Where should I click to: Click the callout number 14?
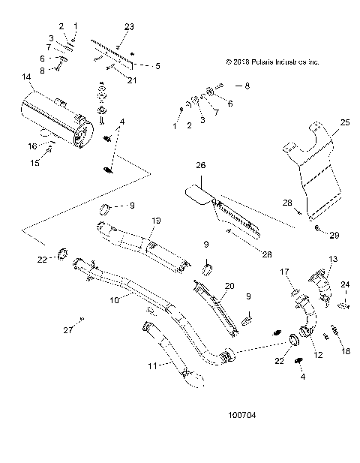click(27, 77)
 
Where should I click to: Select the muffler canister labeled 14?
click(56, 117)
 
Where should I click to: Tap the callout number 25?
click(344, 122)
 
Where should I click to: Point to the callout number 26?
click(200, 165)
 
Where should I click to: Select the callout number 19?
click(157, 220)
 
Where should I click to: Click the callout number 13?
click(333, 258)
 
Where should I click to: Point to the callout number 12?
click(318, 355)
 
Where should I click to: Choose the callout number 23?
click(129, 27)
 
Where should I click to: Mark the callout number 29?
click(334, 235)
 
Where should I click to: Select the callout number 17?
click(284, 271)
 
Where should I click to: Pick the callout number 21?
click(131, 80)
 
